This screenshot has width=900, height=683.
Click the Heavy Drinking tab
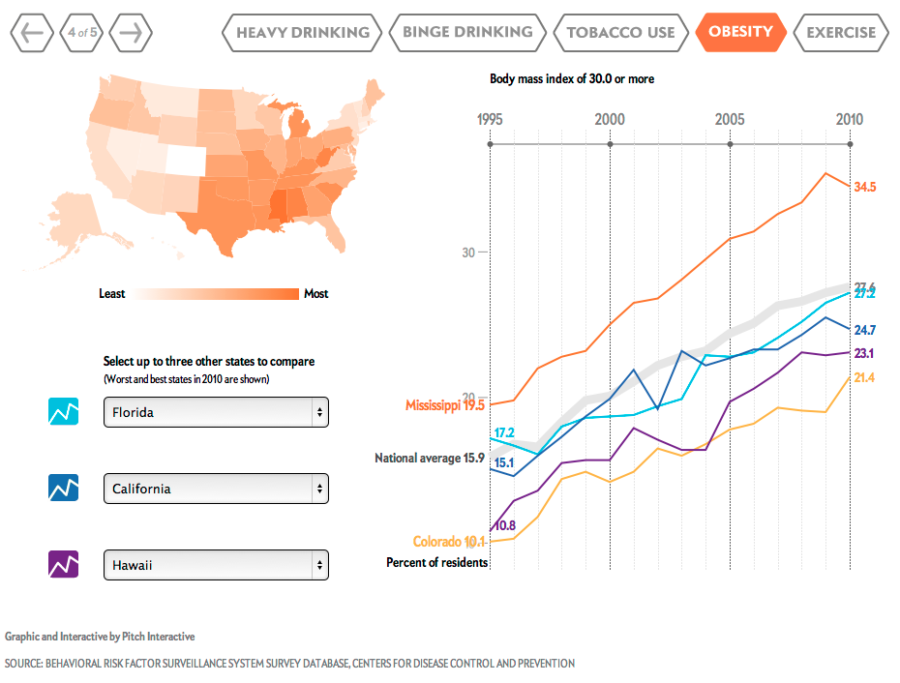pos(303,32)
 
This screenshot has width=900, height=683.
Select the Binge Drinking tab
pos(467,32)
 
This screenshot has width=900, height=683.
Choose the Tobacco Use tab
pos(620,32)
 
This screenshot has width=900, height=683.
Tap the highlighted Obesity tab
pos(740,32)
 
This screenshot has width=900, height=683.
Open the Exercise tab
pos(841,32)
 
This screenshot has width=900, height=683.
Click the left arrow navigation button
pos(31,33)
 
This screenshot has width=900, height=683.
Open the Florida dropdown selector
pos(216,412)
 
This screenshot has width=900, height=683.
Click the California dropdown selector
pos(216,489)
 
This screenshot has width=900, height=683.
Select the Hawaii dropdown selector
pos(216,565)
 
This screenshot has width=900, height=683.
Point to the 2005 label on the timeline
pos(730,119)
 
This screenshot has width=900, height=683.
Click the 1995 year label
pos(491,119)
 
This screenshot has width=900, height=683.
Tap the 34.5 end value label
pos(865,187)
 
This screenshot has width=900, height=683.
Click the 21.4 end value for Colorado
pos(864,377)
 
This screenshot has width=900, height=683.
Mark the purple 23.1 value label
pos(864,353)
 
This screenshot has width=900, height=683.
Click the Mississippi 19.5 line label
pos(445,405)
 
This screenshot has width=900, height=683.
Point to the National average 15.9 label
pos(430,458)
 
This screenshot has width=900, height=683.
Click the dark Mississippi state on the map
pos(279,205)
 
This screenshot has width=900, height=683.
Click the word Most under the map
pos(316,294)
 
